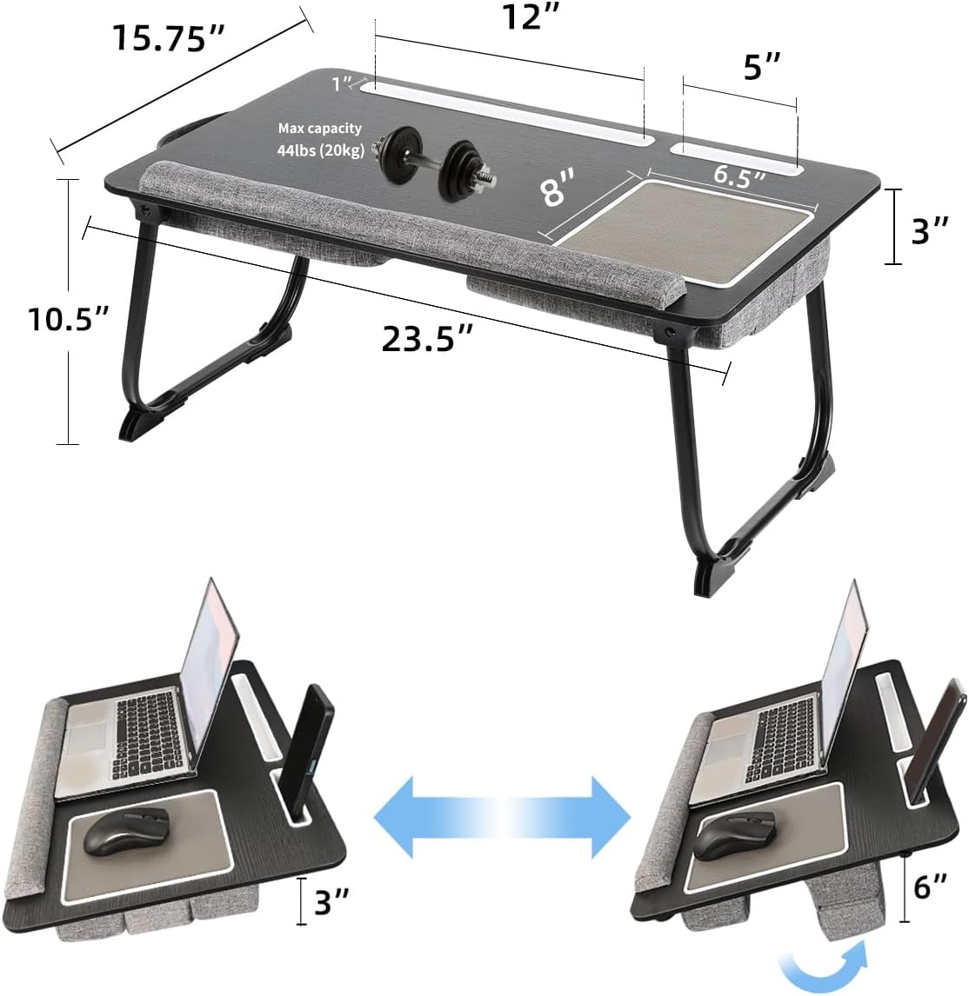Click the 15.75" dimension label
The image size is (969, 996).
tap(169, 38)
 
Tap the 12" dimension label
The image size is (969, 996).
tap(530, 17)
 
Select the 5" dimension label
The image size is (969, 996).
tap(761, 67)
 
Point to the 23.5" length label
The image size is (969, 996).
tap(427, 338)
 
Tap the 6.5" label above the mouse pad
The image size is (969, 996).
tap(738, 174)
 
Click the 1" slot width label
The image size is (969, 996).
tap(342, 83)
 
